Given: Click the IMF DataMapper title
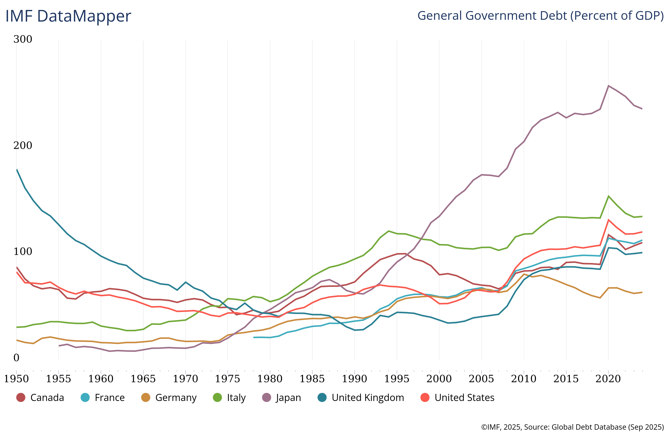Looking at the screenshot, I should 68,16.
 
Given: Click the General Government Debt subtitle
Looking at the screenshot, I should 540,15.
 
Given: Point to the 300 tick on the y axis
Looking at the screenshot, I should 23,39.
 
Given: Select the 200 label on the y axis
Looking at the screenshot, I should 23,146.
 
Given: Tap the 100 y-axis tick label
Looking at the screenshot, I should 23,252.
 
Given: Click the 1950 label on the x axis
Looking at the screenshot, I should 16,379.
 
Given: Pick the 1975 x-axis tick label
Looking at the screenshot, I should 227,379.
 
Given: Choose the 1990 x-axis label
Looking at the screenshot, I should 354,379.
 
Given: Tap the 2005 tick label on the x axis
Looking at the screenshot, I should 481,379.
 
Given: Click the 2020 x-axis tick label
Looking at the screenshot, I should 608,379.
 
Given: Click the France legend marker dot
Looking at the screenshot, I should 85,398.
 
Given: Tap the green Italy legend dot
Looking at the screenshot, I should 217,398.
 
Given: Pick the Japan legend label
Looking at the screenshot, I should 288,398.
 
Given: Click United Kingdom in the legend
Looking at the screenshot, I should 368,398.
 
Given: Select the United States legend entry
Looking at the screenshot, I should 464,398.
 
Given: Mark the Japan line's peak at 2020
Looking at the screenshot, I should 608,85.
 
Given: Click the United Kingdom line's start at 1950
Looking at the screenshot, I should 17,169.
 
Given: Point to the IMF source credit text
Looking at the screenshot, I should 572,427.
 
